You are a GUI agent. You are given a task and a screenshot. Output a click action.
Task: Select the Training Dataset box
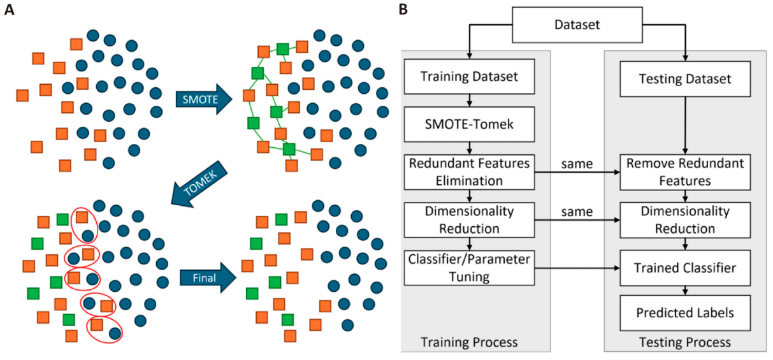[x=470, y=77]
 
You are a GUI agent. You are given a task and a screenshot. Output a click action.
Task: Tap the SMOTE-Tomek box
[x=470, y=125]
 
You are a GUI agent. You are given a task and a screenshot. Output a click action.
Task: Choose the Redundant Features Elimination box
[x=470, y=171]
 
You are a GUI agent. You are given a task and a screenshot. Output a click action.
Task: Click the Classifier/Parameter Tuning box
[x=470, y=268]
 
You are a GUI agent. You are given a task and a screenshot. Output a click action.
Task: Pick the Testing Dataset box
[x=685, y=80]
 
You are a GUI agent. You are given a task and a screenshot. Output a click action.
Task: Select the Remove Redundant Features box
[x=685, y=172]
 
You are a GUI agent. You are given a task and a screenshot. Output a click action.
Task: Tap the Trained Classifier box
[x=685, y=268]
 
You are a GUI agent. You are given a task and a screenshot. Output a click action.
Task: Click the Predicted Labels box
[x=685, y=313]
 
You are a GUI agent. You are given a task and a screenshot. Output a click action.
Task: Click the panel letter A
[x=10, y=10]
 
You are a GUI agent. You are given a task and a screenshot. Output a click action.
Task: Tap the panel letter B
[x=403, y=9]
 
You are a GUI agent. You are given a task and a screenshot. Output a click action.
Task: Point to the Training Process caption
[x=470, y=343]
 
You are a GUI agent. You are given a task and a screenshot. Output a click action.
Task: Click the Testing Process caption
[x=685, y=343]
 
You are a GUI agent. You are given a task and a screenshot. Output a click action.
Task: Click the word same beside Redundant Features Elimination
[x=577, y=164]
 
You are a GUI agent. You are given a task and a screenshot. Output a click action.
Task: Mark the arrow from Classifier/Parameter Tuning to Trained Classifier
[x=577, y=268]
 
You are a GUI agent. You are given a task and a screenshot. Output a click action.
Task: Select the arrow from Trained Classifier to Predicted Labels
[x=685, y=290]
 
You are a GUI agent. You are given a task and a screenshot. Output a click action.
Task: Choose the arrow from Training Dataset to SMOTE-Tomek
[x=470, y=101]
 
